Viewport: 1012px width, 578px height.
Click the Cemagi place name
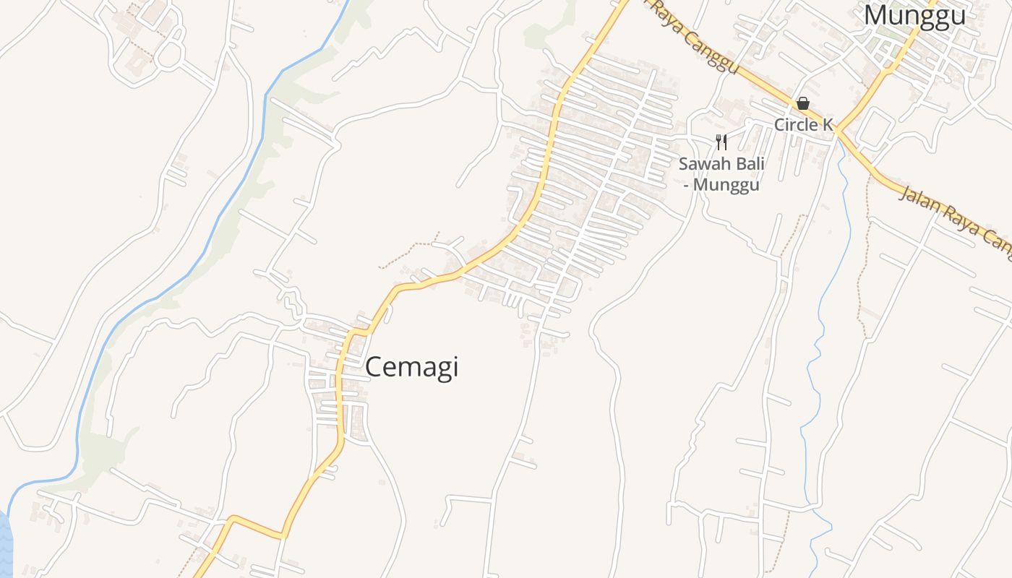(411, 367)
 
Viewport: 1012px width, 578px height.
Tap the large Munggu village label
(914, 15)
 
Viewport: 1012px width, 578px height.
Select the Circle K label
(803, 124)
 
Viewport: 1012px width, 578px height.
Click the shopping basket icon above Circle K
(802, 104)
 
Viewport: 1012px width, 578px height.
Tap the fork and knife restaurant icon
(721, 141)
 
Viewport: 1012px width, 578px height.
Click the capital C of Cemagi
(373, 367)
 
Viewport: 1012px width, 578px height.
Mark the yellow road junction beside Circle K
(837, 131)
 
